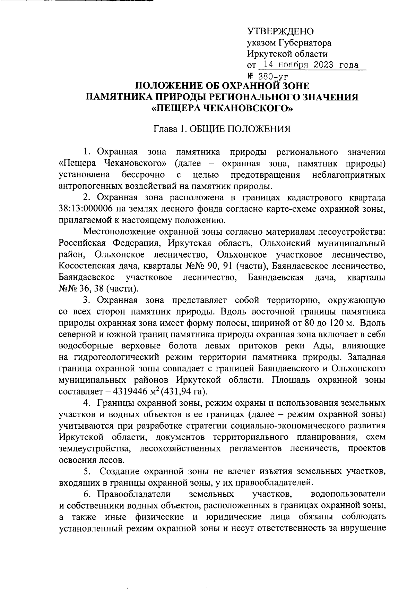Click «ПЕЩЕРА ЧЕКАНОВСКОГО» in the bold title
coord(223,109)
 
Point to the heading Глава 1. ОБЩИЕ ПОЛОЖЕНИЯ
coord(222,129)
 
